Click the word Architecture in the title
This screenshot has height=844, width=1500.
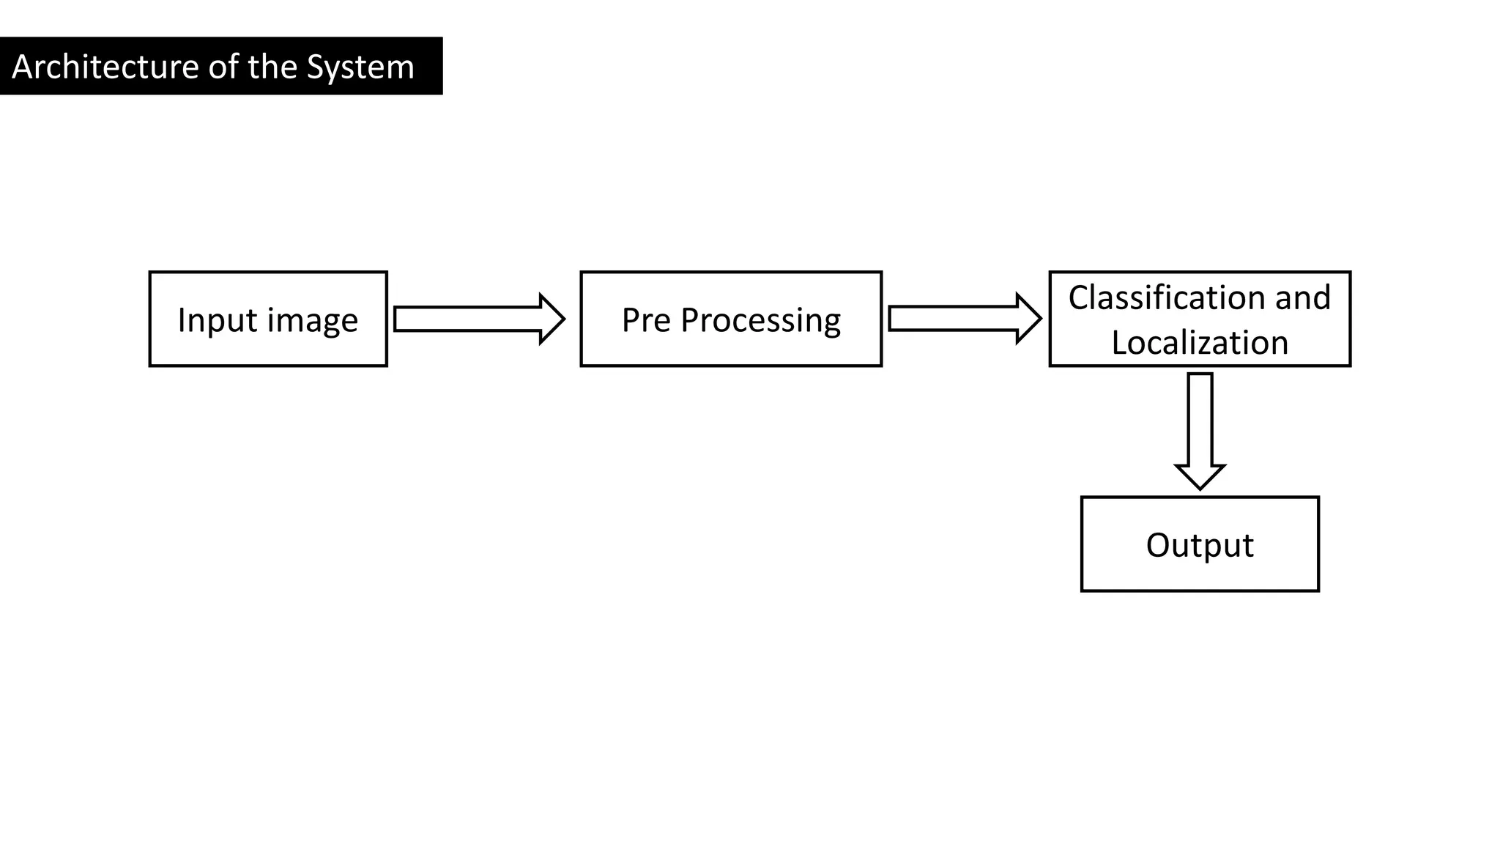[x=105, y=67]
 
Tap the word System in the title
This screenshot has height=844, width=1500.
[x=360, y=67]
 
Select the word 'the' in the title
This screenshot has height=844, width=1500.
[x=272, y=67]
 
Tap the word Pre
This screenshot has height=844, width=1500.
[x=647, y=320]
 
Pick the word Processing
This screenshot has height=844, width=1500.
[x=760, y=321]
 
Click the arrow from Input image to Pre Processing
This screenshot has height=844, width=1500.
[x=469, y=319]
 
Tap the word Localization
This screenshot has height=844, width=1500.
[x=1200, y=343]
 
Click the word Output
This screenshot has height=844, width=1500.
[x=1200, y=545]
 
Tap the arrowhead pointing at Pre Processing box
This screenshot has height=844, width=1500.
[x=553, y=319]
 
